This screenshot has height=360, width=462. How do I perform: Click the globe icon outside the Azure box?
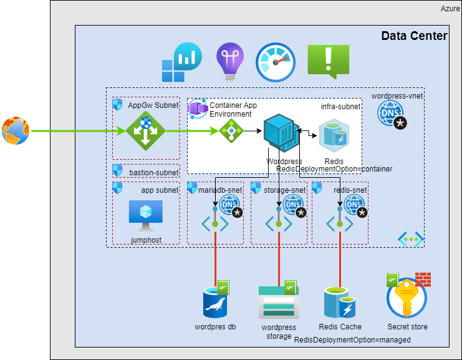click(x=16, y=131)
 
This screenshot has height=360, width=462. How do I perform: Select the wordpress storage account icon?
click(x=278, y=303)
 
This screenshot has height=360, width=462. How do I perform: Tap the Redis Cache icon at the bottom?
click(x=339, y=303)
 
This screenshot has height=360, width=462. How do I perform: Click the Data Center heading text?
click(x=414, y=36)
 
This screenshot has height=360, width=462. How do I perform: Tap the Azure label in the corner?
click(x=450, y=8)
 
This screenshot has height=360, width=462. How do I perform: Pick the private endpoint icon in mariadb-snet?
click(x=215, y=223)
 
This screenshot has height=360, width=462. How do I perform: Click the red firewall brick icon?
click(x=423, y=279)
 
